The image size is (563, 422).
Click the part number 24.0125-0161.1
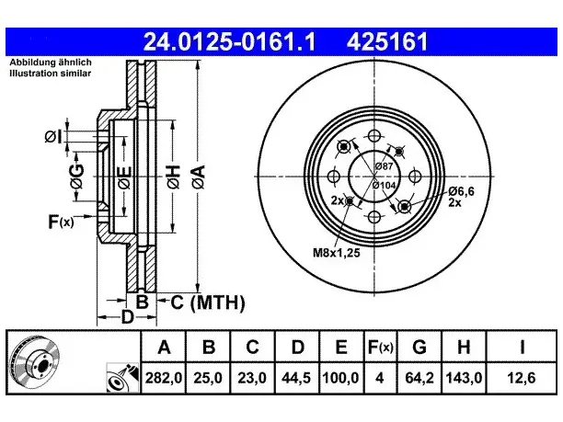pos(229,41)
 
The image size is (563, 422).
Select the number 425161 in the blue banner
pos(387,41)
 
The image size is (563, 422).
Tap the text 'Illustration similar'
pos(51,74)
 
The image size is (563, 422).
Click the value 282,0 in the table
pos(164,378)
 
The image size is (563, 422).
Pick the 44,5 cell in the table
pos(296,378)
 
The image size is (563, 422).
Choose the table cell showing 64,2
pos(419,378)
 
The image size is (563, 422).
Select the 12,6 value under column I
pos(522,378)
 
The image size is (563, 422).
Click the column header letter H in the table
pos(464,347)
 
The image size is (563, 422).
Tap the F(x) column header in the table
pos(381,347)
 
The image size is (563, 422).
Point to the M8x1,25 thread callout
pos(337,253)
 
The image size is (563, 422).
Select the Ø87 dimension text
pos(384,166)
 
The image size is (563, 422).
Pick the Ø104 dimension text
pos(384,185)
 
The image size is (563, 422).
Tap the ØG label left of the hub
pos(76,177)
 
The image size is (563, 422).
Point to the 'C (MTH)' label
pos(208,302)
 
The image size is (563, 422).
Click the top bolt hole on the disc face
pos(374,136)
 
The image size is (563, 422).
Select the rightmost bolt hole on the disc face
pos(415,177)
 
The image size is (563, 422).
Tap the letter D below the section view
pos(128,317)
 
